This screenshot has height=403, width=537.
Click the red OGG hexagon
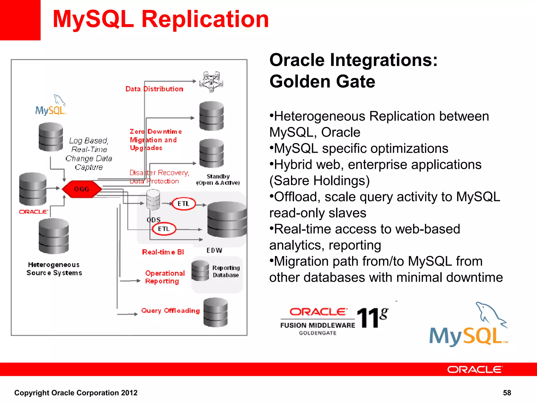(x=82, y=189)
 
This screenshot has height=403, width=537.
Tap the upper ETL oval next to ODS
(x=184, y=204)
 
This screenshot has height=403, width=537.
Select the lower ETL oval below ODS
(x=164, y=229)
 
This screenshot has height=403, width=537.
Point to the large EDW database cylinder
(x=227, y=219)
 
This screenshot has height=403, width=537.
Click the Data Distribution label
(x=154, y=89)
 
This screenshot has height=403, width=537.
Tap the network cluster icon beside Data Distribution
(x=211, y=82)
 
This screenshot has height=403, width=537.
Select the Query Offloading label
(x=170, y=311)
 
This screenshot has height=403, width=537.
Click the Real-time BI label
(x=163, y=252)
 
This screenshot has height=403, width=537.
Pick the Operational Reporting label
(x=165, y=277)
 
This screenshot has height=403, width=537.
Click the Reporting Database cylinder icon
(x=200, y=271)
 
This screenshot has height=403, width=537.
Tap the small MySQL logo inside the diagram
(x=51, y=106)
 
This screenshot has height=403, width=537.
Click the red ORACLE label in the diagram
(x=33, y=212)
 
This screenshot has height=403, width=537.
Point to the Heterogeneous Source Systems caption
(x=54, y=269)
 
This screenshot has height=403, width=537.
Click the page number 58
(x=507, y=393)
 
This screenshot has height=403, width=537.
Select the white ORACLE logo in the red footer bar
(x=475, y=369)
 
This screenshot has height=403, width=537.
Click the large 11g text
(x=372, y=317)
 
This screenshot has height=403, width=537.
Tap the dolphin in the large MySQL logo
(x=490, y=315)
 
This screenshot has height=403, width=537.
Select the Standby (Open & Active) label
(x=218, y=179)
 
